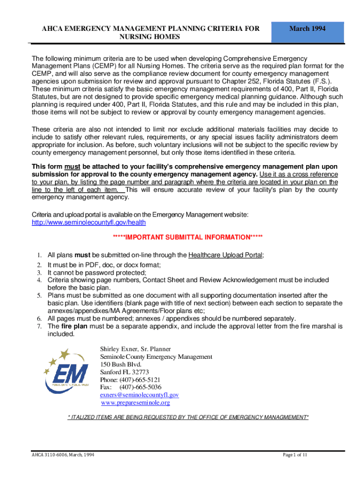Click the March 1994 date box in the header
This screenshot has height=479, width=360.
pos(307,29)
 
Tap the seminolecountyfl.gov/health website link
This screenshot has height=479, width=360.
pos(88,223)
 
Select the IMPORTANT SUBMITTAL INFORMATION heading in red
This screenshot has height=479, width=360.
pos(187,237)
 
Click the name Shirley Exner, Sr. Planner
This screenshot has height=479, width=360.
pos(136,349)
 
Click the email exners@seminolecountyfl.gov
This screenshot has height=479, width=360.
pos(139,395)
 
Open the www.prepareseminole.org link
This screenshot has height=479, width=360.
pos(135,402)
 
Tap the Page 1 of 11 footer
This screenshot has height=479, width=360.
pos(295,455)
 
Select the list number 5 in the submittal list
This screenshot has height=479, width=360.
pos(40,295)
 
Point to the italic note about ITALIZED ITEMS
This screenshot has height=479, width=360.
pos(188,417)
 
